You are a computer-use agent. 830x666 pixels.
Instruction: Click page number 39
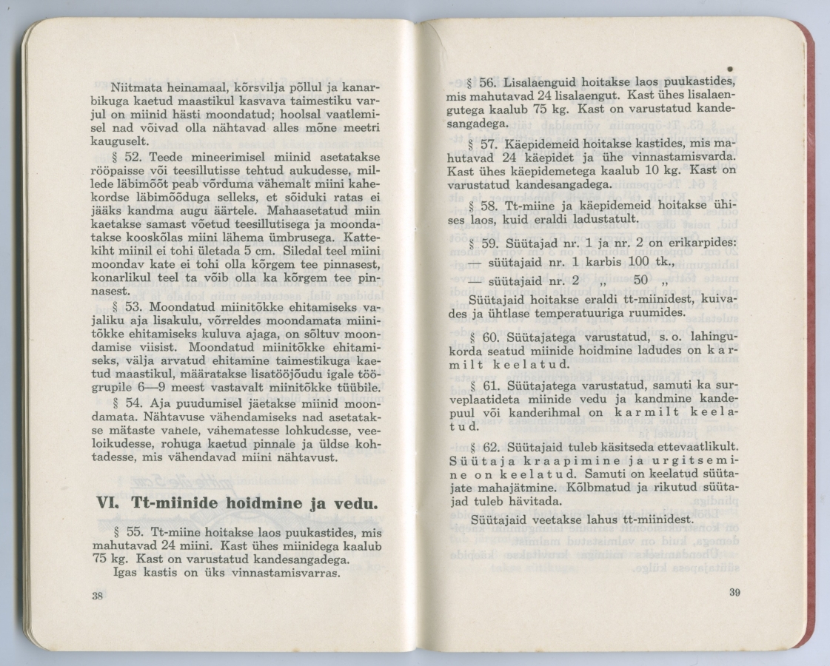click(x=734, y=592)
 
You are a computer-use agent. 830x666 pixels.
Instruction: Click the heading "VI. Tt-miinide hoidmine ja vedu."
click(x=238, y=503)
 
